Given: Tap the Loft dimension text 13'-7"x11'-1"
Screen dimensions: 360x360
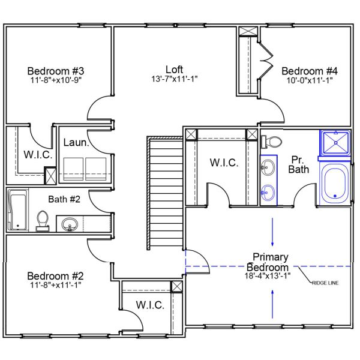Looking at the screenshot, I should (x=175, y=79).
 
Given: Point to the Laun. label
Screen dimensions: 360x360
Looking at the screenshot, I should (x=77, y=143).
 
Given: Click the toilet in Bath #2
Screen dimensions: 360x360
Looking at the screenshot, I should (x=43, y=220).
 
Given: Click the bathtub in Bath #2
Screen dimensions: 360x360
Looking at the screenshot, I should (x=17, y=210).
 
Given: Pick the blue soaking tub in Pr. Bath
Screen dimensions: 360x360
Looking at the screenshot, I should (x=334, y=183).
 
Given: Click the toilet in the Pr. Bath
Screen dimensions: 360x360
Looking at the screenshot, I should (x=272, y=142).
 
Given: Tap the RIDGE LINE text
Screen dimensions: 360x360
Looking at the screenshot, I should (x=325, y=282).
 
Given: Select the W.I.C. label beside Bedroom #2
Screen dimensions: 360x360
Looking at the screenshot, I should (x=150, y=305).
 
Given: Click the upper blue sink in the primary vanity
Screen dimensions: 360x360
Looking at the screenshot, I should (x=268, y=168).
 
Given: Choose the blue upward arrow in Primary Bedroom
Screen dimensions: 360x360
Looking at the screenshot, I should (x=274, y=303).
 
